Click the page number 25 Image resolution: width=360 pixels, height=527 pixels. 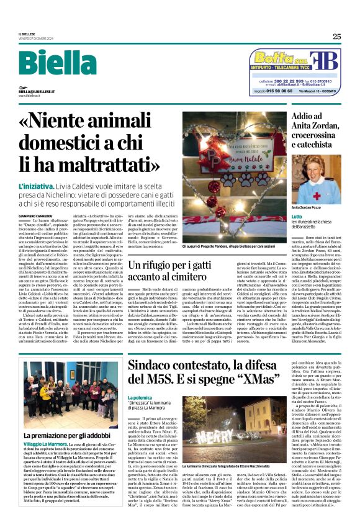(x=336, y=37)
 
